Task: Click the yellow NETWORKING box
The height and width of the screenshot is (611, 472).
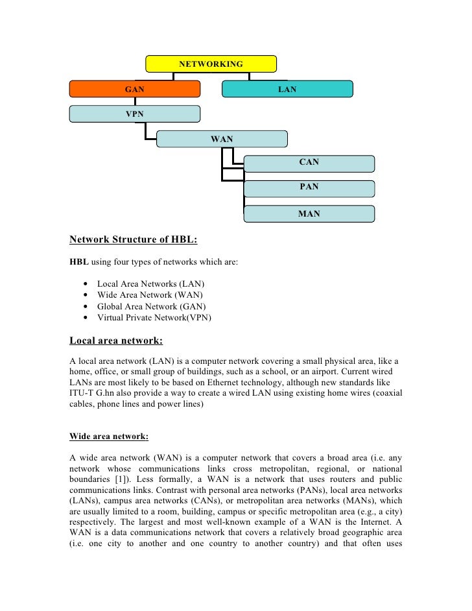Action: point(211,64)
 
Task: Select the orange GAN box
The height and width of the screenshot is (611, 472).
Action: point(135,89)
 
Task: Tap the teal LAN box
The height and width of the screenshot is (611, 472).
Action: point(287,89)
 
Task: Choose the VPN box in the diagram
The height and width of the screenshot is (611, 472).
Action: point(135,114)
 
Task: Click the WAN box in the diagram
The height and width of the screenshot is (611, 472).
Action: point(222,139)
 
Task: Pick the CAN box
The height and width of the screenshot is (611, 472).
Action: point(309,163)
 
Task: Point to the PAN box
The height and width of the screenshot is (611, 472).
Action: point(309,187)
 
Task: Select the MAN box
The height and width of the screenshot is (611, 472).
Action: point(309,213)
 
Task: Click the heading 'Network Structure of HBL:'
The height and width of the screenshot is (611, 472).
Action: point(133,239)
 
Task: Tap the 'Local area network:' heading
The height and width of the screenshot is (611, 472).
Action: point(116,340)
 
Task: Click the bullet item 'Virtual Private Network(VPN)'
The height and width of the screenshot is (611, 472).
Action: point(154,318)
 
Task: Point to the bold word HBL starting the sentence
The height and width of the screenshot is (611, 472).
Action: point(78,262)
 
